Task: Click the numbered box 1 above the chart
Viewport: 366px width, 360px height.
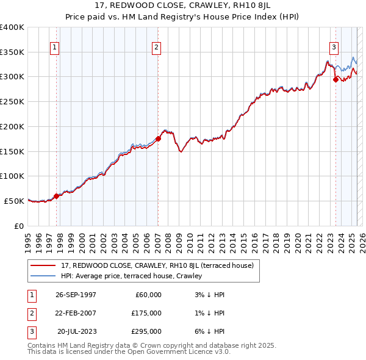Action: pyautogui.click(x=55, y=47)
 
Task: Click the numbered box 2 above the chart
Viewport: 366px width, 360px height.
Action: pyautogui.click(x=157, y=47)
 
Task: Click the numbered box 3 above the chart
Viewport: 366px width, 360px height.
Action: pyautogui.click(x=334, y=47)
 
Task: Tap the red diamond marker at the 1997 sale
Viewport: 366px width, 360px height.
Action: pyautogui.click(x=56, y=196)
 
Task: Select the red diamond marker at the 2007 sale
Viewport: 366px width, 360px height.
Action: pyautogui.click(x=158, y=139)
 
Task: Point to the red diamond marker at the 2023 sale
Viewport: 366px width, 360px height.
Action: pyautogui.click(x=335, y=79)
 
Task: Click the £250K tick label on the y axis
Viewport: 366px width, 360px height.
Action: pyautogui.click(x=12, y=101)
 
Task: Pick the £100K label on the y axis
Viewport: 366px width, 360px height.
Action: pyautogui.click(x=12, y=176)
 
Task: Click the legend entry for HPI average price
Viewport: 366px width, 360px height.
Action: pyautogui.click(x=131, y=276)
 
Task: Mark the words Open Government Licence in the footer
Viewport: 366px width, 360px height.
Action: pyautogui.click(x=168, y=352)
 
